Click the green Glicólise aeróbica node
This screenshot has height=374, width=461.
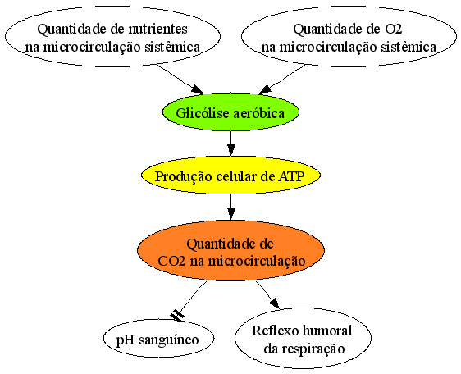pyautogui.click(x=230, y=112)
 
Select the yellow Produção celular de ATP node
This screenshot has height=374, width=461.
pyautogui.click(x=230, y=176)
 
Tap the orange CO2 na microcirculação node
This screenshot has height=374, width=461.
pyautogui.click(x=230, y=250)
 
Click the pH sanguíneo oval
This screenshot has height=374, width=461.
pyautogui.click(x=158, y=339)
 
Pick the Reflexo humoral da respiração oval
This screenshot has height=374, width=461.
pyautogui.click(x=303, y=339)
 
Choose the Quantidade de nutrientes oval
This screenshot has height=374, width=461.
pyautogui.click(x=112, y=37)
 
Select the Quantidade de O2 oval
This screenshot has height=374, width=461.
pyautogui.click(x=349, y=37)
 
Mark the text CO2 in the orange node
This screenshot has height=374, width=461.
pyautogui.click(x=171, y=261)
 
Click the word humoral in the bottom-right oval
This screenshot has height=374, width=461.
pyautogui.click(x=327, y=331)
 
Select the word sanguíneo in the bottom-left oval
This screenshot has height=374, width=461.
pyautogui.click(x=169, y=340)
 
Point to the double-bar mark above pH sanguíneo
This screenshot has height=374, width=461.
pyautogui.click(x=177, y=315)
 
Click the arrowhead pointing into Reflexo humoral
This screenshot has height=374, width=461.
pyautogui.click(x=275, y=303)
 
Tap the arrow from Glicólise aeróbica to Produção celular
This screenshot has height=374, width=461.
pyautogui.click(x=231, y=144)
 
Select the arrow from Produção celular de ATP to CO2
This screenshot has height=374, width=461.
pyautogui.click(x=231, y=207)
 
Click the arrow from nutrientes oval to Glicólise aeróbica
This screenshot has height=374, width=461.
pyautogui.click(x=180, y=79)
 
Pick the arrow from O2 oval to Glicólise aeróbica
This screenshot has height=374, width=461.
pyautogui.click(x=282, y=79)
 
